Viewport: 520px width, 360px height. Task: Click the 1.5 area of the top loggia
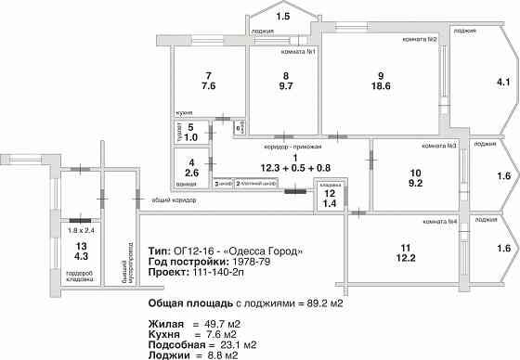tap(283, 17)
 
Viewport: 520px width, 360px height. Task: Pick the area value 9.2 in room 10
tap(415, 184)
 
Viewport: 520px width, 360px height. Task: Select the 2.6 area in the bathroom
tap(190, 173)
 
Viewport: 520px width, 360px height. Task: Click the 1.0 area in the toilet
tap(190, 137)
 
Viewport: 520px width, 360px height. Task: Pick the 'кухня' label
tap(185, 112)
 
